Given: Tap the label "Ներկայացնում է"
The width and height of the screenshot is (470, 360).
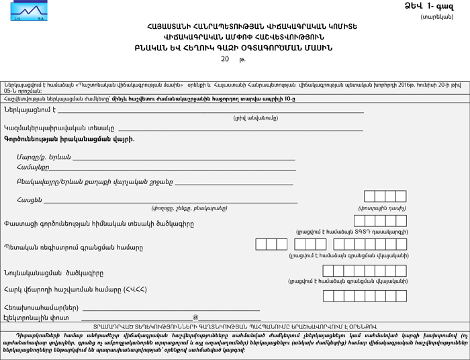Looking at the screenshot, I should pyautogui.click(x=29, y=109).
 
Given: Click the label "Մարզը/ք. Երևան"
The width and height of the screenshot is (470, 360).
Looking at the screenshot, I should pyautogui.click(x=44, y=156).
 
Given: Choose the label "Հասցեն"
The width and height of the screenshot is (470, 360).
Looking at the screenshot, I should pyautogui.click(x=30, y=199).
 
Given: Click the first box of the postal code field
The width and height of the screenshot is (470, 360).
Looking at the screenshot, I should pyautogui.click(x=369, y=197).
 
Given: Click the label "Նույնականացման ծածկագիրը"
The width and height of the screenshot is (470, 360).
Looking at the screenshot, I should pyautogui.click(x=54, y=273).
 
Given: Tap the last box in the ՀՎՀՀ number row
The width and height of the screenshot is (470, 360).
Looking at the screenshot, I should pyautogui.click(x=401, y=296).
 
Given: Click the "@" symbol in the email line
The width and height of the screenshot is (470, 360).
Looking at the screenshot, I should pyautogui.click(x=195, y=317).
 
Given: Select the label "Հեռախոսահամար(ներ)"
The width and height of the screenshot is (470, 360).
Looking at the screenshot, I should pyautogui.click(x=41, y=307).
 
